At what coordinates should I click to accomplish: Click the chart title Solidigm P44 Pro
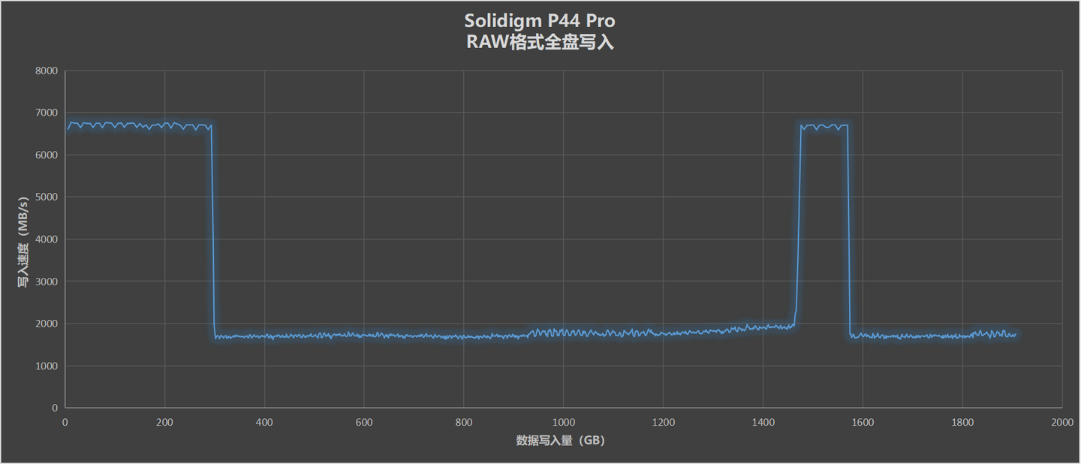pos(539,20)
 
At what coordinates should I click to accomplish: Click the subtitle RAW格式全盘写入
pos(539,42)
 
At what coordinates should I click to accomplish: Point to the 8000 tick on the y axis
pos(47,71)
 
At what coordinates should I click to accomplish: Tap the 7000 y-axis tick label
pos(47,113)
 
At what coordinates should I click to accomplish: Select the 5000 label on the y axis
pos(47,197)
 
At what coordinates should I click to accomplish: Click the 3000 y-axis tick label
pos(47,282)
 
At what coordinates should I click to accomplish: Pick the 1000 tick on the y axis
pos(47,366)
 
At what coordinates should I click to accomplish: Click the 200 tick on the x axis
pos(164,423)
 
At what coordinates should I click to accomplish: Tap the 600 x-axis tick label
pos(363,423)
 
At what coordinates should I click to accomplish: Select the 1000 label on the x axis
pos(563,423)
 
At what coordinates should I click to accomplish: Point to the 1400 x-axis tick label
pos(763,423)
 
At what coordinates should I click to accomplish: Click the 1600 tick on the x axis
pos(863,423)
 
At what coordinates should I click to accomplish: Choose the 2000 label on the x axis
pos(1061,423)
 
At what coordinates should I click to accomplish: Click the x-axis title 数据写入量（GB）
pos(560,441)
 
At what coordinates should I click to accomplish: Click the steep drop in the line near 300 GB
pos(213,233)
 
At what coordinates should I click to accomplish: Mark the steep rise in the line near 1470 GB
pos(799,225)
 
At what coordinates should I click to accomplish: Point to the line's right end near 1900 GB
pos(1016,334)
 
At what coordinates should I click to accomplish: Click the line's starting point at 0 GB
pos(67,129)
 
